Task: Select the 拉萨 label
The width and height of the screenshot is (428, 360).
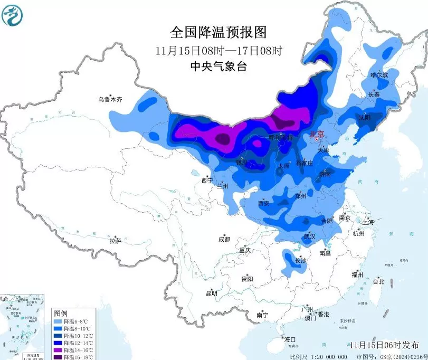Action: pos(115,241)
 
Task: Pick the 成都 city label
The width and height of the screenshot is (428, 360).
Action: pos(224,239)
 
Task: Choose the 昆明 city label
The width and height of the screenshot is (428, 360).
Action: pos(212,293)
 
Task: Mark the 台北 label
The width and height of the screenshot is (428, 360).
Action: pos(378,281)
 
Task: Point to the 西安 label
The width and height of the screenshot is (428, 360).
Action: pos(264,203)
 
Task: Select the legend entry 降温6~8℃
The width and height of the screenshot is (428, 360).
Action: pos(74,321)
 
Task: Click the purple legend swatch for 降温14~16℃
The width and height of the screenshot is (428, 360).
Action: pos(58,350)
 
